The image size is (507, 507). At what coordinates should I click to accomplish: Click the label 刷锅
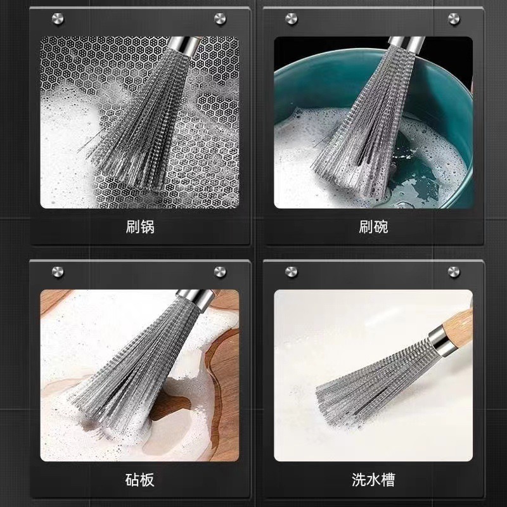click(140, 226)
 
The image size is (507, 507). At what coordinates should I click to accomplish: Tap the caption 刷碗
click(373, 226)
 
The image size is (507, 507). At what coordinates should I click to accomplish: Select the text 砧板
click(140, 479)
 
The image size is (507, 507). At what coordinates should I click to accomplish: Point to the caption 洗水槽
click(373, 479)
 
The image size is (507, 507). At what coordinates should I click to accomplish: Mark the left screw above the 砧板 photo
click(58, 273)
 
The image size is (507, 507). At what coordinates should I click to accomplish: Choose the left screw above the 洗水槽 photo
click(292, 273)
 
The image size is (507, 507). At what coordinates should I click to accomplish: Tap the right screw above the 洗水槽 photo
click(454, 273)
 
